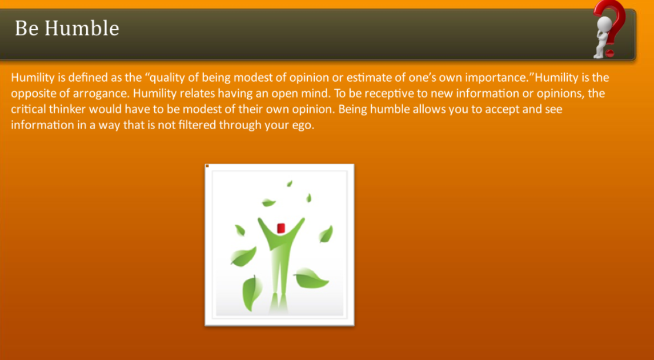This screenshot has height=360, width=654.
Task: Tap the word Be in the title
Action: coord(26,28)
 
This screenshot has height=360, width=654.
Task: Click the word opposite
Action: coord(32,93)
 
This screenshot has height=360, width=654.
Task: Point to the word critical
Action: coord(27,109)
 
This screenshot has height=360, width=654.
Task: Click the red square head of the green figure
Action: coord(280,228)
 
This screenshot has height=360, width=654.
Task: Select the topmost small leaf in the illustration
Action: coord(290,183)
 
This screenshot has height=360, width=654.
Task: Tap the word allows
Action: coord(426,109)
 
